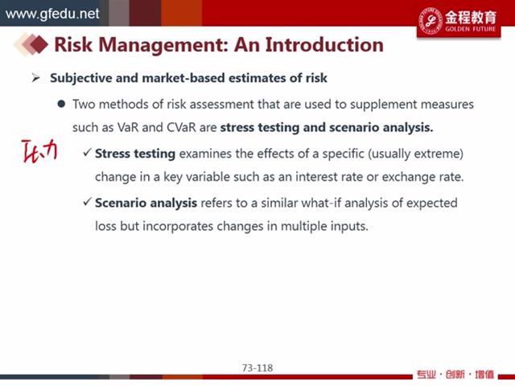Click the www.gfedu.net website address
click(x=52, y=14)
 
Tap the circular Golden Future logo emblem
click(x=431, y=20)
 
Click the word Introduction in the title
click(x=324, y=45)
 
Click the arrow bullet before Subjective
click(x=35, y=78)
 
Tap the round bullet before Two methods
click(x=61, y=104)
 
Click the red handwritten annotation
click(x=39, y=150)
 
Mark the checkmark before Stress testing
click(x=87, y=152)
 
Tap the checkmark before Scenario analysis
click(x=87, y=201)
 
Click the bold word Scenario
click(x=121, y=203)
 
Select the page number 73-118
click(x=257, y=368)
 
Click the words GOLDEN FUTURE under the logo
click(x=470, y=29)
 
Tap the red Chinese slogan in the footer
click(x=455, y=375)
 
